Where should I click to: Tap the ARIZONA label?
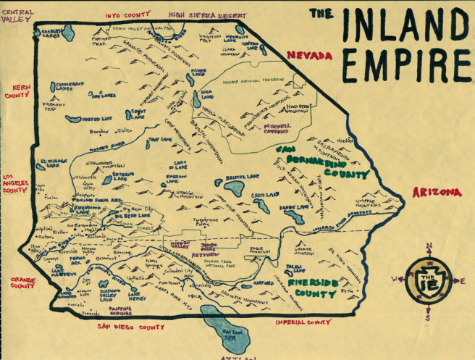(437, 192)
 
